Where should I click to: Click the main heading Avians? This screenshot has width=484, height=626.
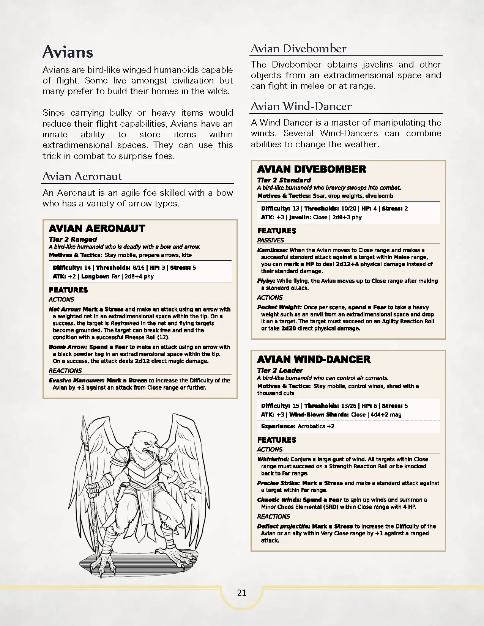(x=68, y=52)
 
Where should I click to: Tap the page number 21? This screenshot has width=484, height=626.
(x=242, y=593)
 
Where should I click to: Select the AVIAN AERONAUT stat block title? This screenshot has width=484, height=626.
(x=97, y=228)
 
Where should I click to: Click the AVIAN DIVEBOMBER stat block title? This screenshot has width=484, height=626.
(x=312, y=169)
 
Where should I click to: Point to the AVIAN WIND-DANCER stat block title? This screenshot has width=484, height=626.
(x=314, y=359)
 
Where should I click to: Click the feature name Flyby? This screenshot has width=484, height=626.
(x=266, y=281)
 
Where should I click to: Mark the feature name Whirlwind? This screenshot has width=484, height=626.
(x=273, y=459)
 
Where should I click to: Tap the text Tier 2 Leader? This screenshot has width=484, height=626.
(x=280, y=370)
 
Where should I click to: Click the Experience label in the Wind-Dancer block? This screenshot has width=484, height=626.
(x=278, y=426)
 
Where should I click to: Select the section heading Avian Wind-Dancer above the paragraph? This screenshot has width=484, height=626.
(x=301, y=106)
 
